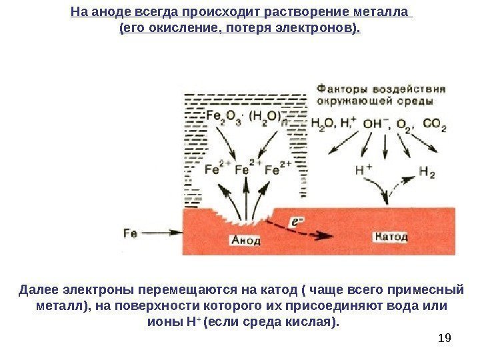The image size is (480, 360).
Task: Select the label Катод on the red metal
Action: [391, 236]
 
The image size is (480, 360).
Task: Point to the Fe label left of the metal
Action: [130, 233]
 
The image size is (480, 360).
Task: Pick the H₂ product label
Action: [427, 172]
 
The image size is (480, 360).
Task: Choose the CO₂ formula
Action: [435, 125]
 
